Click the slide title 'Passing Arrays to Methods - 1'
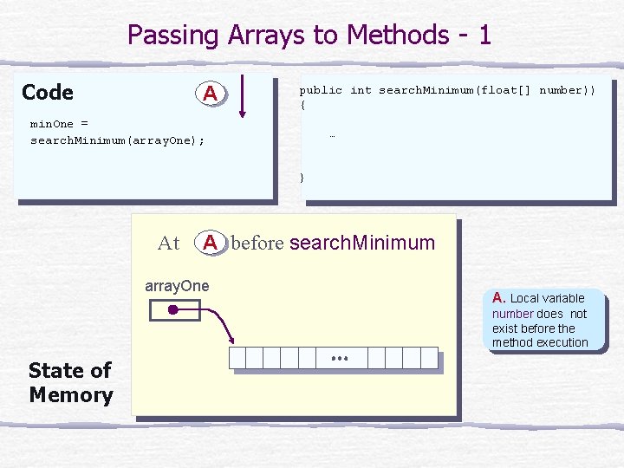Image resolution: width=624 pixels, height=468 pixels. point(309,36)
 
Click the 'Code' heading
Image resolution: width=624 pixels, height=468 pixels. point(48,93)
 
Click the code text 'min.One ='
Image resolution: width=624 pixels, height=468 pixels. point(60,124)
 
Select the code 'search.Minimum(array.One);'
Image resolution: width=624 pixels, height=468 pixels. point(118,140)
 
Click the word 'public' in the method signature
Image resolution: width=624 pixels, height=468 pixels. point(321,90)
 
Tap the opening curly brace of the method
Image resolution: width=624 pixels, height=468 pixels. point(302,105)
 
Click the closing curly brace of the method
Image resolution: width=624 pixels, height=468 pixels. point(302,177)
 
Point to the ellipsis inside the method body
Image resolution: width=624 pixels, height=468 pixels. point(332,136)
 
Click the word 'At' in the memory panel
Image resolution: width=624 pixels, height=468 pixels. point(169,244)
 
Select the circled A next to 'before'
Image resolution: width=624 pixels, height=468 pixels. point(210,243)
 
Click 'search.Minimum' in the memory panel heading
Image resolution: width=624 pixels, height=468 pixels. point(362,243)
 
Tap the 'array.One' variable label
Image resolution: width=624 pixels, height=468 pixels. point(177,286)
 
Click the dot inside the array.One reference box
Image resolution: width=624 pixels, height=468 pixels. point(173,309)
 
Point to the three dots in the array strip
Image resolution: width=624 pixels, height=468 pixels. point(339,357)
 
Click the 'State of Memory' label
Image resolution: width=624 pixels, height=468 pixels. point(70,383)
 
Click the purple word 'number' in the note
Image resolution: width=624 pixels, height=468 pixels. point(513,314)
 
